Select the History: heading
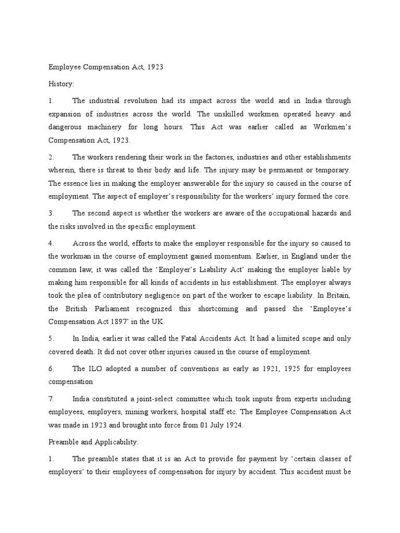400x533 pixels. click(x=61, y=83)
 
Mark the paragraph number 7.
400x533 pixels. click(x=51, y=399)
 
